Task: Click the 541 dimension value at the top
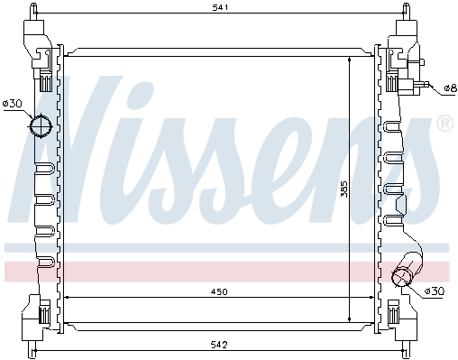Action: coord(220,7)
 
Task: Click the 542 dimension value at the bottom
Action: coord(219,345)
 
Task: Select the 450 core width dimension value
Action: coord(219,291)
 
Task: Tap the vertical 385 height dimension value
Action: coord(344,189)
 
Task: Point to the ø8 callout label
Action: coord(451,88)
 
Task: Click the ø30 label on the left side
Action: coord(12,104)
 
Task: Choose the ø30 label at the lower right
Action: coord(435,291)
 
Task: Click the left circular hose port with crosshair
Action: coord(41,126)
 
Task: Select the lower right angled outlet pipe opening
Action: coord(401,276)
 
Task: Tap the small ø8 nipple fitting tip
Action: coord(426,85)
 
